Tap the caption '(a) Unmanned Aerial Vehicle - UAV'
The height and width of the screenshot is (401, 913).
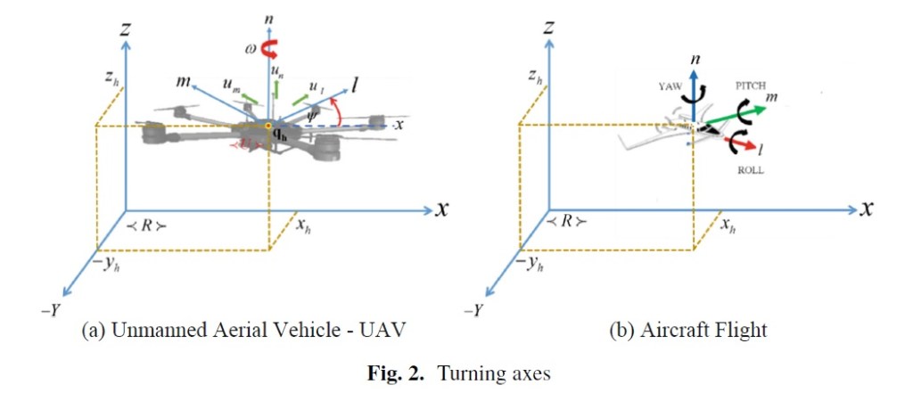click(x=243, y=331)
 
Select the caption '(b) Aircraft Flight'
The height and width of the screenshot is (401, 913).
click(x=687, y=331)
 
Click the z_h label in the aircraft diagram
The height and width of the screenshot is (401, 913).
click(x=534, y=78)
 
